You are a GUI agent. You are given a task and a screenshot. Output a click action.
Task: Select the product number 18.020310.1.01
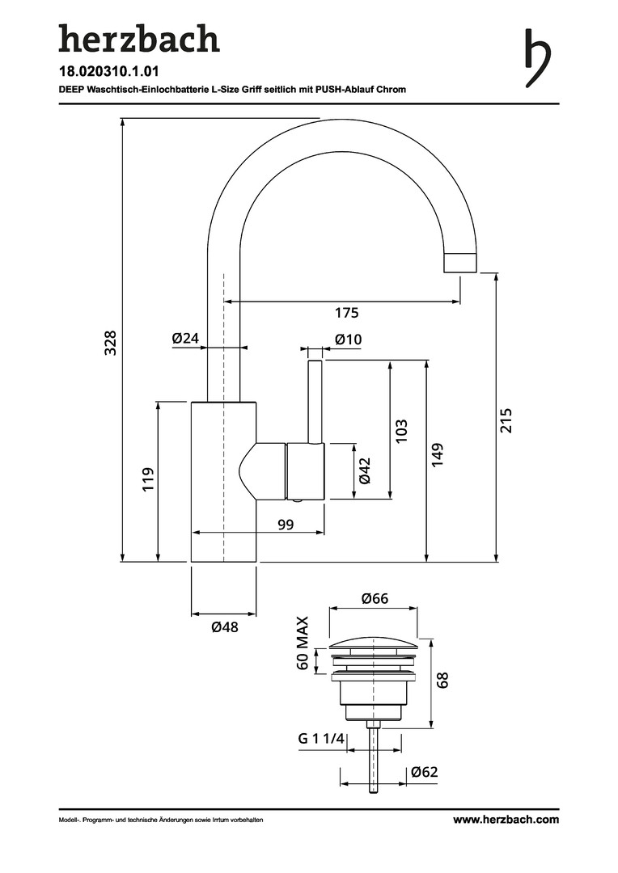coord(108,72)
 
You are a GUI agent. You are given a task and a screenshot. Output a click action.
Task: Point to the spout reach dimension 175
coord(346,312)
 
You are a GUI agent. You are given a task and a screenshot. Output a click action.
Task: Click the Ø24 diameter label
coord(185,339)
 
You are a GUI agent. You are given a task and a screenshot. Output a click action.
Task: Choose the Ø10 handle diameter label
coord(348,339)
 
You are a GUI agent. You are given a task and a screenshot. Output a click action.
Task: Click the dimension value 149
coord(438,454)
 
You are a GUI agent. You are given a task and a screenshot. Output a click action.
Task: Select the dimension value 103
coord(401,430)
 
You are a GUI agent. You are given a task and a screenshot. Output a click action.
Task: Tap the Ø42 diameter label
coord(364,470)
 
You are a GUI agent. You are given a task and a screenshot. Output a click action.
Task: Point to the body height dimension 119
coord(148,480)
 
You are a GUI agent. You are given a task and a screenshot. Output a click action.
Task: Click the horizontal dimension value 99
coord(285,525)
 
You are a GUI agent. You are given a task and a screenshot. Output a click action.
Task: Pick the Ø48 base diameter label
coord(224,627)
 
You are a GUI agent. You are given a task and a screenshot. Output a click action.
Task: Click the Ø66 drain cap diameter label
coord(375,599)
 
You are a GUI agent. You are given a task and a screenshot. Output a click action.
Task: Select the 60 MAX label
coord(303,644)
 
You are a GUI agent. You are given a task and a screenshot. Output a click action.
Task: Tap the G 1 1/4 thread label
coord(321,739)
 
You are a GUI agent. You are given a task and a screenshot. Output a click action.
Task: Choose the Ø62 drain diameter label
coord(423,772)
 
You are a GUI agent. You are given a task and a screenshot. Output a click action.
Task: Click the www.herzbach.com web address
coord(506,819)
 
